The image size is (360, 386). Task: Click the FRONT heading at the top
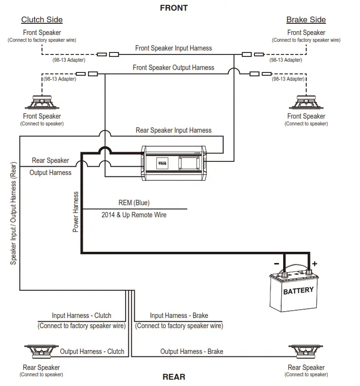174,8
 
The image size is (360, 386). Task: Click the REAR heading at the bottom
174,377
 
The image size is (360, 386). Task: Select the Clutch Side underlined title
42,20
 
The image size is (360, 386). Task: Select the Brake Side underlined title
306,20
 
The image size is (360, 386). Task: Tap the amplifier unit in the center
174,163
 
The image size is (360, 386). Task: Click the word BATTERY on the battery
298,291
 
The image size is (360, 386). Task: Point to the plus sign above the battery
314,263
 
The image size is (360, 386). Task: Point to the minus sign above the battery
276,263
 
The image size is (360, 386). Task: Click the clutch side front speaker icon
42,103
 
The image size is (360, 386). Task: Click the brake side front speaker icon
306,103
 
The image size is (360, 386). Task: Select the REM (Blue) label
134,203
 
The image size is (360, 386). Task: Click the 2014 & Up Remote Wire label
134,214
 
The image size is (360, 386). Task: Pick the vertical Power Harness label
76,211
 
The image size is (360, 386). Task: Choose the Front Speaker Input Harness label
174,48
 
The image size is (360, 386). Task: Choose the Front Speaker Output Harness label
174,68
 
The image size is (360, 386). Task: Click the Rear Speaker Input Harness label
174,130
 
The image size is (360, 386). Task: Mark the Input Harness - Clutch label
82,316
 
